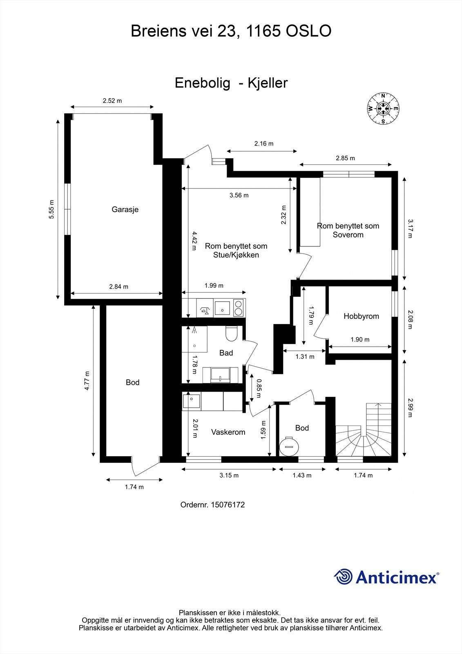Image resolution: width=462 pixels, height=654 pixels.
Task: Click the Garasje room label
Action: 125,209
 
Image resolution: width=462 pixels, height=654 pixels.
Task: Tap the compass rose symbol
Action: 383,109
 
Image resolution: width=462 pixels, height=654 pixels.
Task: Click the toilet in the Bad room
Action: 231,333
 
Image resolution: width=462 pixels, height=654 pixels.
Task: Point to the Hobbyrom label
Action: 361,316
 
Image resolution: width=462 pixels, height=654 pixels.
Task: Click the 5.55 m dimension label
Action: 51,210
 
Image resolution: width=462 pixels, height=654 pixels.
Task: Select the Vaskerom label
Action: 228,432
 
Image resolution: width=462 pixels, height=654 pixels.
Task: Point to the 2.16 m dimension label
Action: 263,143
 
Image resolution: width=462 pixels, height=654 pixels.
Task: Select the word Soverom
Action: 348,235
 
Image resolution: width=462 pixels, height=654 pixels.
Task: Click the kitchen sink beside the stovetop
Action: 222,308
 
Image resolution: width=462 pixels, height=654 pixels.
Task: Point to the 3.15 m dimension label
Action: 229,475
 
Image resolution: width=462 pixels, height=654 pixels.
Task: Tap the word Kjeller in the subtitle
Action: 268,83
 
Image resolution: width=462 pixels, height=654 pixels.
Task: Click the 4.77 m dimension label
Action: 87,381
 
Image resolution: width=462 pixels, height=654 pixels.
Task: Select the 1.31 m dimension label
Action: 305,356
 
